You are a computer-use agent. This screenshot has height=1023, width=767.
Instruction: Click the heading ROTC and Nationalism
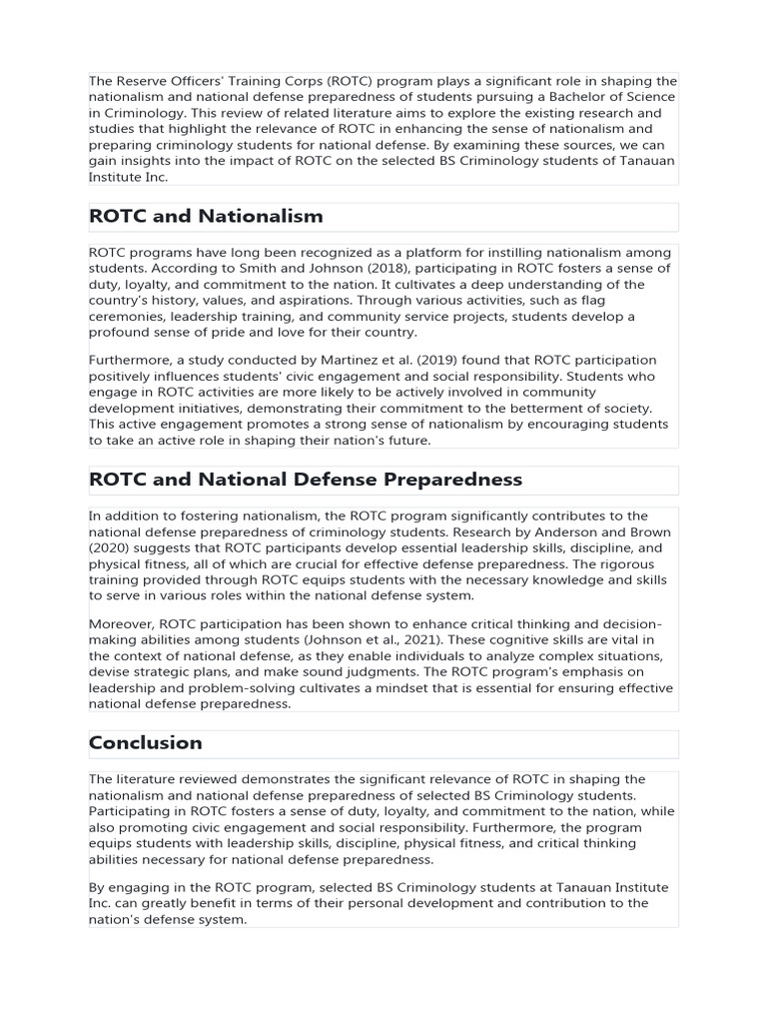point(206,216)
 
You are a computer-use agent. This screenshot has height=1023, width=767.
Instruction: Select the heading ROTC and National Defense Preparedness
point(306,480)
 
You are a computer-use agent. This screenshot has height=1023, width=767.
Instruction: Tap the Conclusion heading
point(146,742)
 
